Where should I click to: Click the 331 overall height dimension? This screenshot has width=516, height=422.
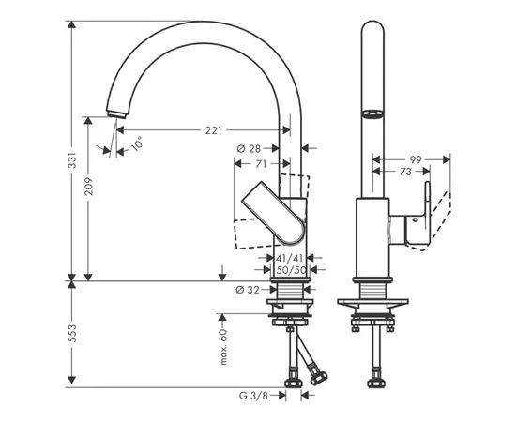coord(72,160)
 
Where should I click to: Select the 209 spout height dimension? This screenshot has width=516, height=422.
coord(88,187)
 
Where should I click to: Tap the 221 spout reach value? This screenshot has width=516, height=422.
coord(214,130)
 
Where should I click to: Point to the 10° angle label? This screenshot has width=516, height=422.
coord(137,143)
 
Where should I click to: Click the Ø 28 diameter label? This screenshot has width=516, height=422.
coord(249,149)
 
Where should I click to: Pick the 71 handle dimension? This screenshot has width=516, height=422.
coord(261,163)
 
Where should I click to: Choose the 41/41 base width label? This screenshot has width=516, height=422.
coord(289,258)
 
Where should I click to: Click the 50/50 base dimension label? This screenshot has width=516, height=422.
coord(291,270)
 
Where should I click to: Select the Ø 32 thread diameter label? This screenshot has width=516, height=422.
coord(248,290)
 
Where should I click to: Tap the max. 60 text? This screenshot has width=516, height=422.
coord(223,347)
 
